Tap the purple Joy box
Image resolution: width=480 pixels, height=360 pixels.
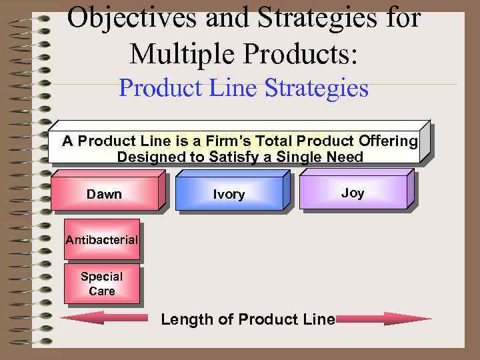pos(353,193)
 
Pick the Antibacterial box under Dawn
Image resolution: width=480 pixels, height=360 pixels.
pos(101,239)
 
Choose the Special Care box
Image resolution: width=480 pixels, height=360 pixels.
pos(101,284)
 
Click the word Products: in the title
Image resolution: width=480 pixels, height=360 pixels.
pos(297,52)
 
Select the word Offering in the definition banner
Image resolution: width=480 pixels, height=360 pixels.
pos(391,141)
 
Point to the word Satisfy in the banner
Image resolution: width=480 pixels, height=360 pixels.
pos(230,157)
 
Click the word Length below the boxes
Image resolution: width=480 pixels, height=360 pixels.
pos(187,319)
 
